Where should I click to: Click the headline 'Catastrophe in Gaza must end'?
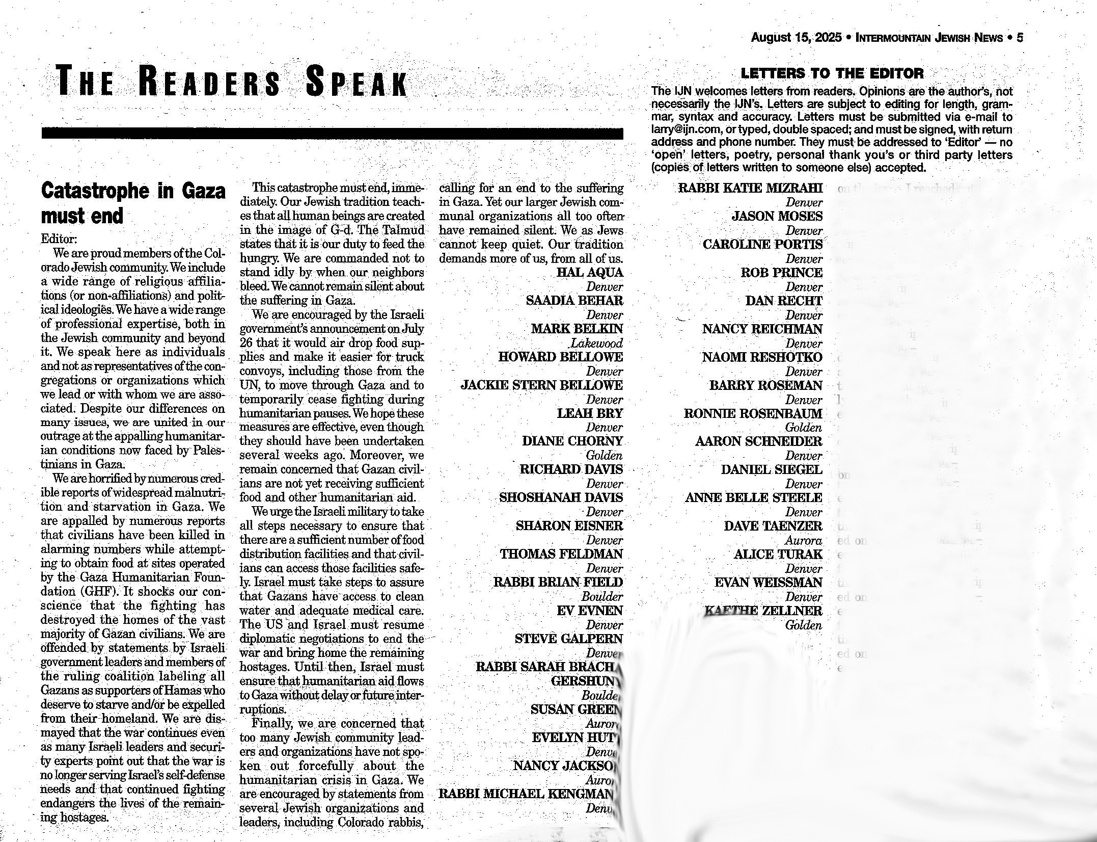pos(132,203)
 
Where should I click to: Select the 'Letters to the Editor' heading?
pos(832,73)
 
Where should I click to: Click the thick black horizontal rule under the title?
pos(332,134)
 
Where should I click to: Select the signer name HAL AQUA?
pos(589,273)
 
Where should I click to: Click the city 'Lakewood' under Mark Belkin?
pos(596,343)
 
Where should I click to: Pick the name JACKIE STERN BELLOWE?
pos(541,385)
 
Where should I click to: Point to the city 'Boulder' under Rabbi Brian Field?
pos(602,596)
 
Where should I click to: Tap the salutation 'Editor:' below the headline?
pos(59,239)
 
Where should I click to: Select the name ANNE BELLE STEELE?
pos(753,497)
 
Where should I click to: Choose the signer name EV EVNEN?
pos(589,611)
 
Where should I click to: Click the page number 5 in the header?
pos(1020,38)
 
